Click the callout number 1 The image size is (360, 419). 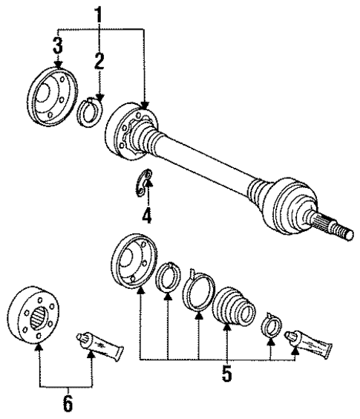coord(98,13)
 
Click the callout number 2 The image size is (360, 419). coord(98,62)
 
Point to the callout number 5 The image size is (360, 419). coord(227,374)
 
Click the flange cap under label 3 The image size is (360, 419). coord(53,95)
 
